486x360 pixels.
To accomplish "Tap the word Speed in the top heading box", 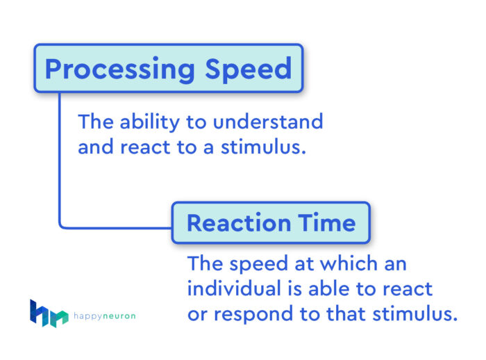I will click(249, 69).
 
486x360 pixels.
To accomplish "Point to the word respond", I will click(256, 313).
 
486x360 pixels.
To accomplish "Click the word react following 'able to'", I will click(407, 288).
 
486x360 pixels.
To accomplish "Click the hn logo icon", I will click(49, 313).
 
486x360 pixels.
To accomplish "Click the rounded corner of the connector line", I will click(62, 224).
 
